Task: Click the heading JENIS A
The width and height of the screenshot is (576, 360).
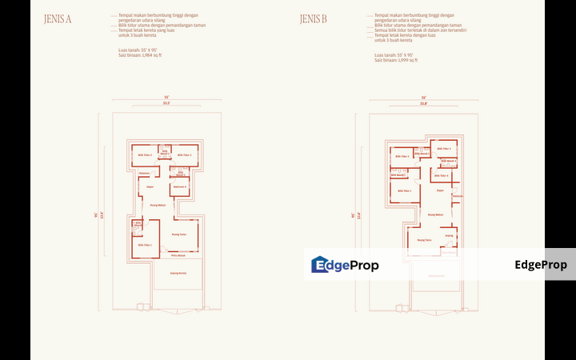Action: pyautogui.click(x=58, y=20)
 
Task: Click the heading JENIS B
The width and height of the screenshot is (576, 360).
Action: pyautogui.click(x=314, y=20)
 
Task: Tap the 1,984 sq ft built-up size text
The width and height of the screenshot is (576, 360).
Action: pyautogui.click(x=140, y=55)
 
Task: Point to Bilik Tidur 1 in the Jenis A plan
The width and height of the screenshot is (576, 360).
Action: pyautogui.click(x=145, y=246)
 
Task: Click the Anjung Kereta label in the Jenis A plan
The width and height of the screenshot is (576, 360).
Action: pyautogui.click(x=178, y=273)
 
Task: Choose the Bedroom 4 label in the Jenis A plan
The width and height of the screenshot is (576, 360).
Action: pyautogui.click(x=179, y=187)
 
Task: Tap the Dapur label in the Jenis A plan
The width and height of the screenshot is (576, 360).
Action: pyautogui.click(x=150, y=187)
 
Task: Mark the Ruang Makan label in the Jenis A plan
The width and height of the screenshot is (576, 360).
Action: pyautogui.click(x=158, y=206)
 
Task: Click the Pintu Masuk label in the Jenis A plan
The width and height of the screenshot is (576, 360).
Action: pyautogui.click(x=178, y=255)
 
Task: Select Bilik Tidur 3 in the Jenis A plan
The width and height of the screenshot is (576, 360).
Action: pyautogui.click(x=183, y=155)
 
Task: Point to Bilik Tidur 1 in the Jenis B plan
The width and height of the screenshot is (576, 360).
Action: pyautogui.click(x=404, y=191)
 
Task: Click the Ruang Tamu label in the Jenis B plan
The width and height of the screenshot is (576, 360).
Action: pyautogui.click(x=424, y=239)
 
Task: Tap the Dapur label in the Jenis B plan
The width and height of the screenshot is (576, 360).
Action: pyautogui.click(x=440, y=190)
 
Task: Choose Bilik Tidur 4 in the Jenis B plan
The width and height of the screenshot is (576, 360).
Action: pyautogui.click(x=441, y=175)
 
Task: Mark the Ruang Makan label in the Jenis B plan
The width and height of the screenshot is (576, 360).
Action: pyautogui.click(x=436, y=214)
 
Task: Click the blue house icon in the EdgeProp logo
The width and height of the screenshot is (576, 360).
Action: pyautogui.click(x=320, y=265)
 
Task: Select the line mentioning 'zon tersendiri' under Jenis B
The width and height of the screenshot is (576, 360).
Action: pyautogui.click(x=420, y=30)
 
